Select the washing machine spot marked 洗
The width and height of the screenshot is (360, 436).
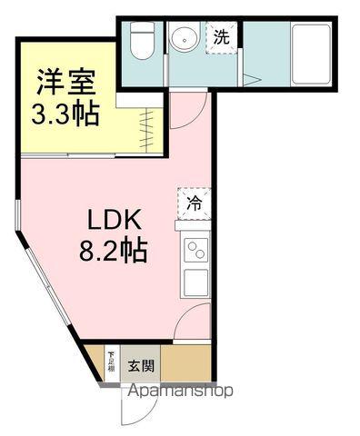tap(221, 37)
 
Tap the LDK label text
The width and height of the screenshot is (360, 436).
tap(114, 221)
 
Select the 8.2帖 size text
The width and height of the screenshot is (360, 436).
tap(114, 248)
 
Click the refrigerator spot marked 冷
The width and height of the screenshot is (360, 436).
tap(195, 204)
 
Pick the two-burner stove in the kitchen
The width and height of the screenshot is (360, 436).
tap(195, 248)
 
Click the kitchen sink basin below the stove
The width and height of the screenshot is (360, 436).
tap(196, 282)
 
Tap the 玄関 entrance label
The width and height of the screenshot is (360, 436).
tap(141, 367)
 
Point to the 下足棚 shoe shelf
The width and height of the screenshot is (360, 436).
tap(111, 361)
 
